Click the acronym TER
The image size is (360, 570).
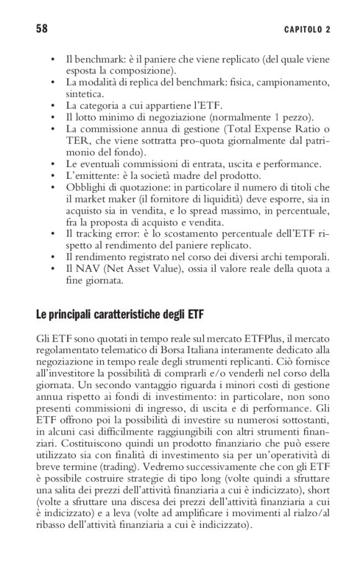pyautogui.click(x=77, y=140)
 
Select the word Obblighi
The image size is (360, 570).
pyautogui.click(x=85, y=187)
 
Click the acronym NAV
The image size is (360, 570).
pyautogui.click(x=84, y=269)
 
